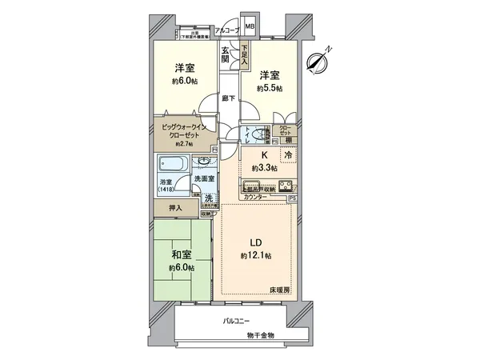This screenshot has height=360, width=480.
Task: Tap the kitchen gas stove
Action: click(x=283, y=187)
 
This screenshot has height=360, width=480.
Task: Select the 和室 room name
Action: click(x=180, y=256)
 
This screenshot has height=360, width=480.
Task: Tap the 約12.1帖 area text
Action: click(x=255, y=255)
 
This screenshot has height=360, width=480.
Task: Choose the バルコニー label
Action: click(x=238, y=322)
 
